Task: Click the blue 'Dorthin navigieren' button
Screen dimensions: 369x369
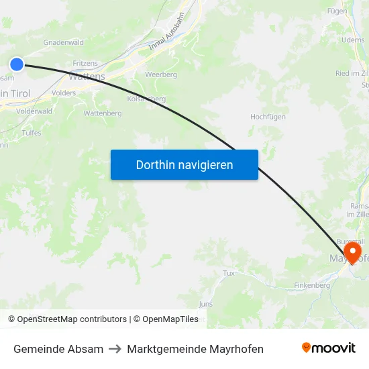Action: tap(184, 164)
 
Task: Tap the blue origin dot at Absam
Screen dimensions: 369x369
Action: tap(17, 64)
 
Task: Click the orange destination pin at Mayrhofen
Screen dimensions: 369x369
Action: tap(352, 252)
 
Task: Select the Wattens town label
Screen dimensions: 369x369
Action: tap(87, 76)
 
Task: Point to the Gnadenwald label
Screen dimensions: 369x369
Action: tap(64, 42)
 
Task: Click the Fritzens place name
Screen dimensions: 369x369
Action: tap(85, 62)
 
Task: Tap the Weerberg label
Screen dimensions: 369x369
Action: tap(161, 74)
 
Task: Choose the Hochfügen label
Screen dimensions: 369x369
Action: tap(268, 117)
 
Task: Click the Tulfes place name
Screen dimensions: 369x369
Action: tap(32, 133)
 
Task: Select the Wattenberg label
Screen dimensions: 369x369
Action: tap(103, 113)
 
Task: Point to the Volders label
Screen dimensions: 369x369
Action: tap(64, 93)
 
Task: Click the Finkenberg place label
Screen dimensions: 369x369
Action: tap(313, 286)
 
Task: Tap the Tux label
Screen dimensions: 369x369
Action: tap(229, 273)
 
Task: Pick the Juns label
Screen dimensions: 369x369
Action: tap(206, 304)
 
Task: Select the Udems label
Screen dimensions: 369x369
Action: tap(353, 40)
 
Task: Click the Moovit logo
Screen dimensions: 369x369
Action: tap(329, 348)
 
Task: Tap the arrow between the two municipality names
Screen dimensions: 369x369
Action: tap(115, 349)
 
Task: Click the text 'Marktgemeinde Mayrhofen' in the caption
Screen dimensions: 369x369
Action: tap(195, 349)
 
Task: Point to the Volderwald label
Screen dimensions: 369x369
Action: tap(34, 111)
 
